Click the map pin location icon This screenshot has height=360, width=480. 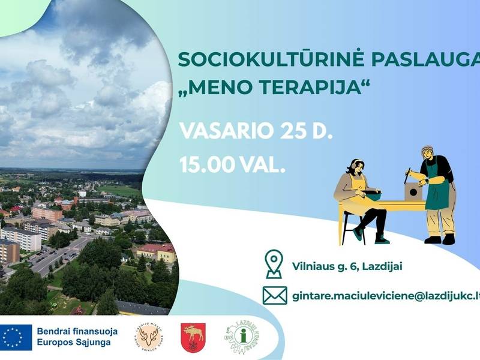(x=274, y=264)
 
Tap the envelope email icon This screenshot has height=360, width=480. (x=274, y=296)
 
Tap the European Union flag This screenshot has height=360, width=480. (x=16, y=337)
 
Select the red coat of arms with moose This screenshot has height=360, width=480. (x=193, y=337)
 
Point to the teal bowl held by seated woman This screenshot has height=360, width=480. (x=374, y=195)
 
